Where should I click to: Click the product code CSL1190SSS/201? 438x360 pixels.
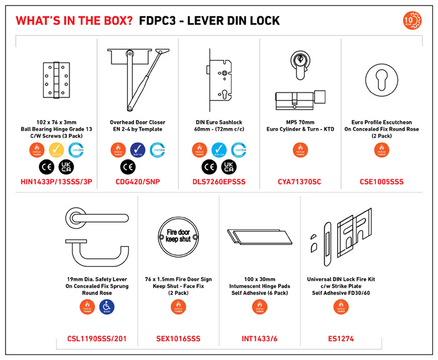[96, 339]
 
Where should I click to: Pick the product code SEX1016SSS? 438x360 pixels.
[178, 339]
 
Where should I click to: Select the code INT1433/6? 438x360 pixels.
[260, 339]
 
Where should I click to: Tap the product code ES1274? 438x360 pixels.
[341, 339]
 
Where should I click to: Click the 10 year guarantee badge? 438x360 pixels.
[412, 20]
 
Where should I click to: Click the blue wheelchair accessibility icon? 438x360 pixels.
[107, 306]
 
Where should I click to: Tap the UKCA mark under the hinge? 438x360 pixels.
[66, 167]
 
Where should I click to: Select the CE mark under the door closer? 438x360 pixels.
[128, 167]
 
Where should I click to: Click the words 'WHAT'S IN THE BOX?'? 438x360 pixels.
[74, 21]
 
